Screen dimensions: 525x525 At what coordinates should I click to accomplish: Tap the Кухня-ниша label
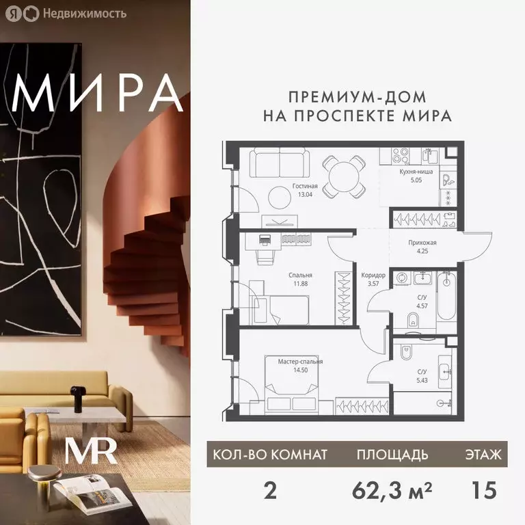416,172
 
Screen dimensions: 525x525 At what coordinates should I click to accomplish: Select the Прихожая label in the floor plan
422,243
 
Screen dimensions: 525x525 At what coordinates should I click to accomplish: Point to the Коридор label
373,275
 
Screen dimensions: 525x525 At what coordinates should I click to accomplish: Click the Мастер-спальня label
300,361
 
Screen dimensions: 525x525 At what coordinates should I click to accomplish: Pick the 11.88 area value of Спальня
299,286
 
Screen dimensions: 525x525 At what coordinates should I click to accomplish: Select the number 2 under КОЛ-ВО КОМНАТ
269,490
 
